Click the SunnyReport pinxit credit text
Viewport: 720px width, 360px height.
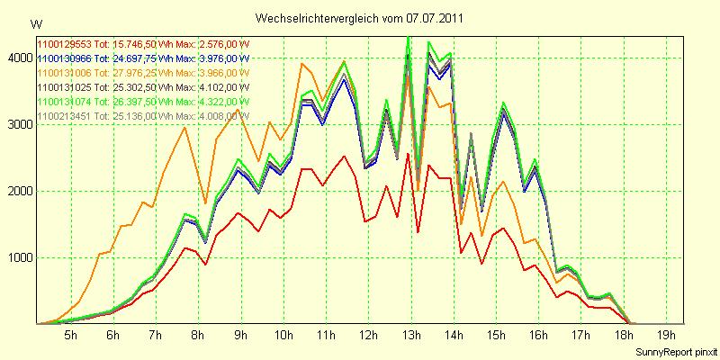coord(673,351)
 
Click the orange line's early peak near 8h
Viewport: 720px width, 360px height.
coord(184,127)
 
